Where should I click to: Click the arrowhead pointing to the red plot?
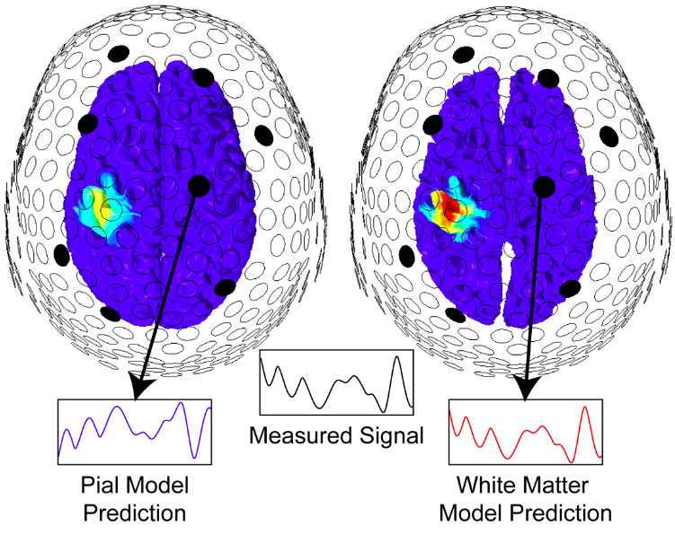tap(524, 389)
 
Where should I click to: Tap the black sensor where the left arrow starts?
tap(200, 185)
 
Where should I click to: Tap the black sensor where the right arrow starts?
tap(543, 185)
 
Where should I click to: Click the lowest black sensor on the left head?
tap(111, 313)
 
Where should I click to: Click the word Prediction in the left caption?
tap(135, 513)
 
